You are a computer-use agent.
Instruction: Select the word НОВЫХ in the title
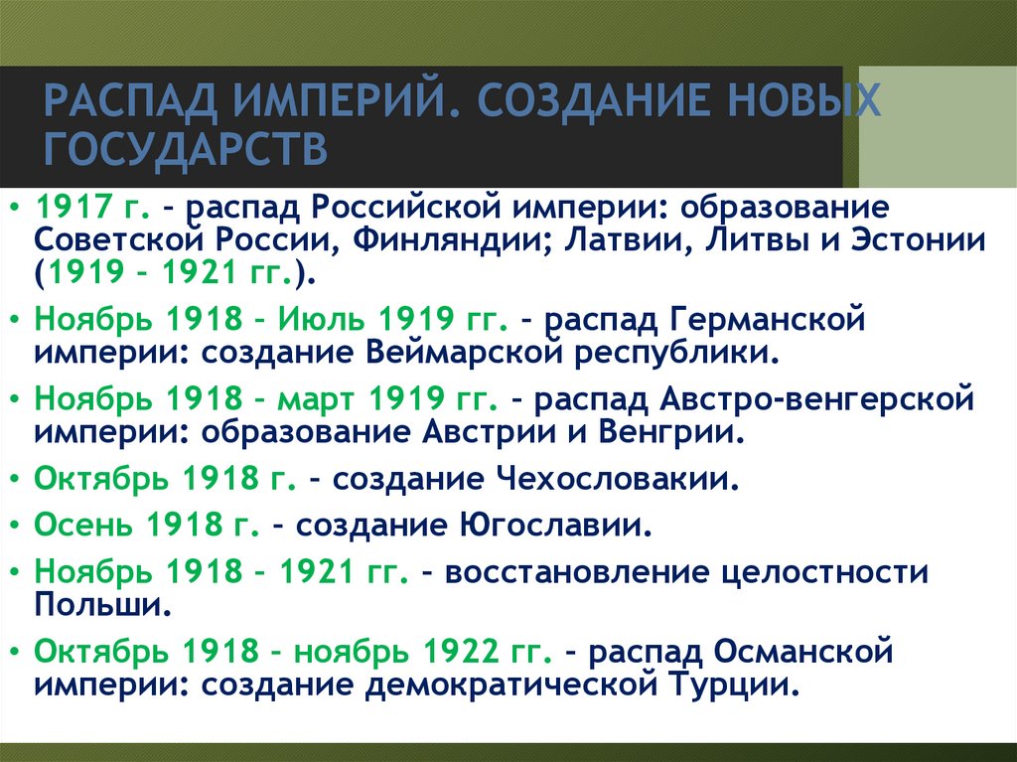click(796, 103)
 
